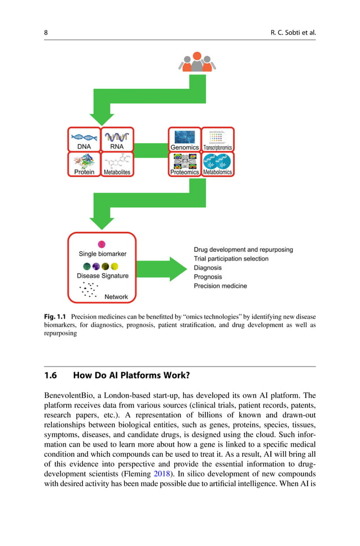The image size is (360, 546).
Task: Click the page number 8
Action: (46, 33)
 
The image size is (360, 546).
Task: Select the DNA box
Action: (84, 139)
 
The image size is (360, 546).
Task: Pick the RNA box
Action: (117, 139)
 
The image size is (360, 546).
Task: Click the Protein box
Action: (84, 164)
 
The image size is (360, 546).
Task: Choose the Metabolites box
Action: (117, 164)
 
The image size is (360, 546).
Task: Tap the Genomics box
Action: (185, 139)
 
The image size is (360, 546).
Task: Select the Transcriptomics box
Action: (218, 139)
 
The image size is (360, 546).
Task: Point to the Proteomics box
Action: (185, 164)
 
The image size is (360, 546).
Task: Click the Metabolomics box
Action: (218, 164)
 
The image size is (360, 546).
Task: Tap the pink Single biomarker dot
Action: (102, 244)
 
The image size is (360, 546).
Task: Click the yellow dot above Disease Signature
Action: (115, 267)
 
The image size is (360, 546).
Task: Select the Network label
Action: (116, 296)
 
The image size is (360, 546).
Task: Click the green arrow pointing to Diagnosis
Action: (162, 269)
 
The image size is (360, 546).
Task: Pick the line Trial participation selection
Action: (231, 259)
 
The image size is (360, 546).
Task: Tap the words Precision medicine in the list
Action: (220, 286)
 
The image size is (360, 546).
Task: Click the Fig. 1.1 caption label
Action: (55, 317)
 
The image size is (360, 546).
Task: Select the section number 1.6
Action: (50, 375)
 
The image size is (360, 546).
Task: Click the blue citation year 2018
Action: (162, 474)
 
